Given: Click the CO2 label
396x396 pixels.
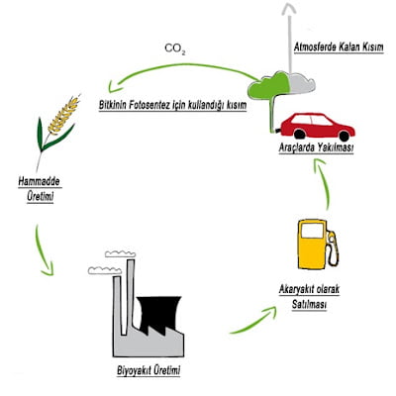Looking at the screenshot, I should pyautogui.click(x=174, y=47).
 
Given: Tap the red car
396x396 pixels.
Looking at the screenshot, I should pyautogui.click(x=317, y=126).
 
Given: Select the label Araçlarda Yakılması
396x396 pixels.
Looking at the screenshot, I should pyautogui.click(x=316, y=148).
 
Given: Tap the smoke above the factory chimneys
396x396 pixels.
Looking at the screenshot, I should pyautogui.click(x=109, y=259).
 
